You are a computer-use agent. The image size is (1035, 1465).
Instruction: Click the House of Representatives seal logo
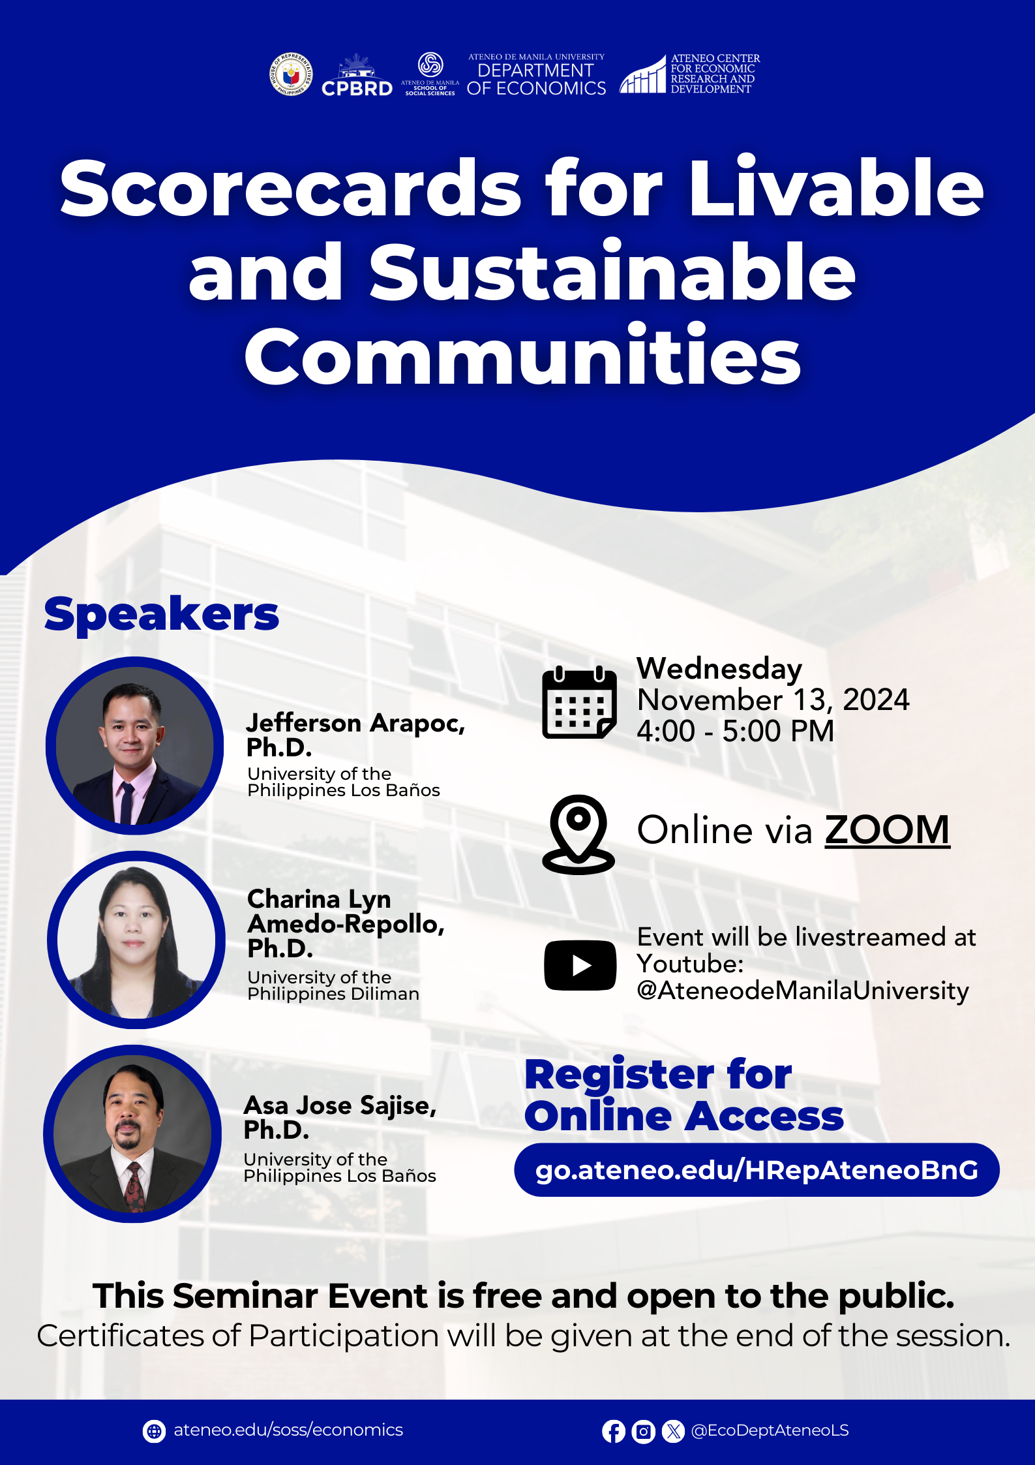pyautogui.click(x=291, y=74)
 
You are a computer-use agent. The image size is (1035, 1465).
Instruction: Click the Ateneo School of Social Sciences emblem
pyautogui.click(x=430, y=65)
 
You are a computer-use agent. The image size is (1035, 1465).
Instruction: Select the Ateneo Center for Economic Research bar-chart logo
pyautogui.click(x=642, y=75)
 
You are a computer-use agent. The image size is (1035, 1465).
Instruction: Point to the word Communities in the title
pyautogui.click(x=522, y=355)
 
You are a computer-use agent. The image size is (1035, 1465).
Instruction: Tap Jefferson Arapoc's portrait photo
pyautogui.click(x=135, y=746)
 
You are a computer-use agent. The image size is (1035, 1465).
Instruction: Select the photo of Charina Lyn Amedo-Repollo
pyautogui.click(x=136, y=940)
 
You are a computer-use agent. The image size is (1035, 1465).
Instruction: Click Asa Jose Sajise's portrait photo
pyautogui.click(x=133, y=1133)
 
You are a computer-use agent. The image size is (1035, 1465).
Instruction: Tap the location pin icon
pyautogui.click(x=578, y=834)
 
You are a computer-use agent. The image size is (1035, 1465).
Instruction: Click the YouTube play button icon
pyautogui.click(x=580, y=965)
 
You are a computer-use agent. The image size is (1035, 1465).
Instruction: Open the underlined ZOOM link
pyautogui.click(x=887, y=830)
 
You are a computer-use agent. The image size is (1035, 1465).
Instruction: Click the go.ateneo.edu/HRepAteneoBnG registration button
pyautogui.click(x=757, y=1170)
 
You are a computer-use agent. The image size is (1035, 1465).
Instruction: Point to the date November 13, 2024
pyautogui.click(x=773, y=700)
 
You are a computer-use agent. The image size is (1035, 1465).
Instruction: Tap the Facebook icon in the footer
pyautogui.click(x=613, y=1431)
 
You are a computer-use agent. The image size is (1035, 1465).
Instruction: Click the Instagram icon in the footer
pyautogui.click(x=643, y=1431)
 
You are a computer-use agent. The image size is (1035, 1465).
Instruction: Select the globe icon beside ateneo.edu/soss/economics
pyautogui.click(x=154, y=1431)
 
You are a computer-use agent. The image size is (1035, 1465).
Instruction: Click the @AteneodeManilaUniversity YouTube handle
pyautogui.click(x=803, y=991)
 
